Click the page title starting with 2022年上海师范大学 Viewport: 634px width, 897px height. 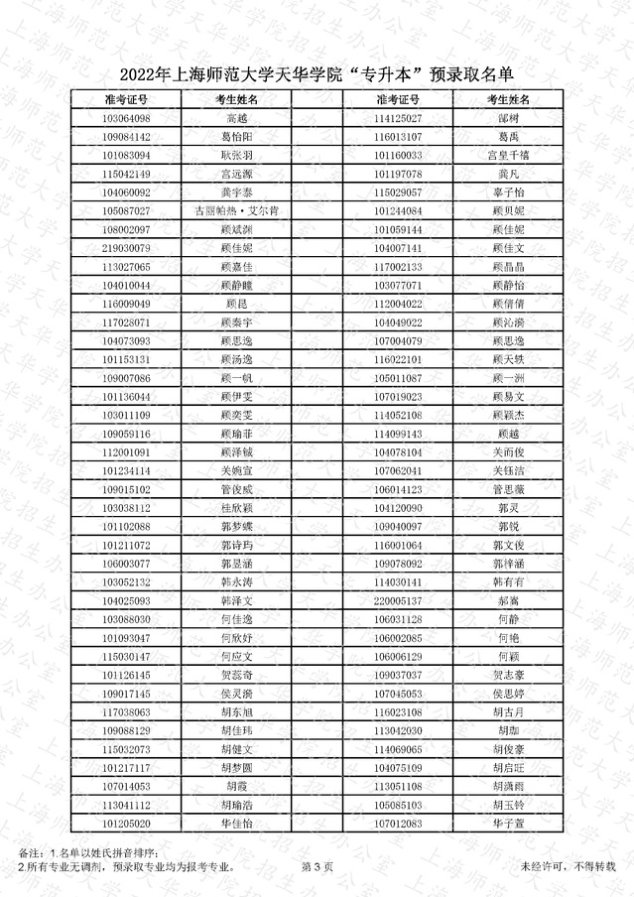tap(318, 75)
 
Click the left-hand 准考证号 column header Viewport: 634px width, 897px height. tap(126, 100)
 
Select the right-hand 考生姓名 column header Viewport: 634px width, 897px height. tap(508, 100)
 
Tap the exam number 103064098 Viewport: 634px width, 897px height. tap(126, 118)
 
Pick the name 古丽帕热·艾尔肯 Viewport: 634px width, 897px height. tap(236, 210)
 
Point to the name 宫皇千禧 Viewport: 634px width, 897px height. tap(508, 156)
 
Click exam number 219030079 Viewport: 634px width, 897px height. tap(126, 248)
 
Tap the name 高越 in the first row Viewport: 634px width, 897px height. tap(236, 118)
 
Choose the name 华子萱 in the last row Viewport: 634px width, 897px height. tap(508, 824)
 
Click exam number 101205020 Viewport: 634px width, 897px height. tap(126, 824)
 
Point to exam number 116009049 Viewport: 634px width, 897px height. tap(126, 304)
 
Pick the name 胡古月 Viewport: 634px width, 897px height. tap(508, 712)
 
